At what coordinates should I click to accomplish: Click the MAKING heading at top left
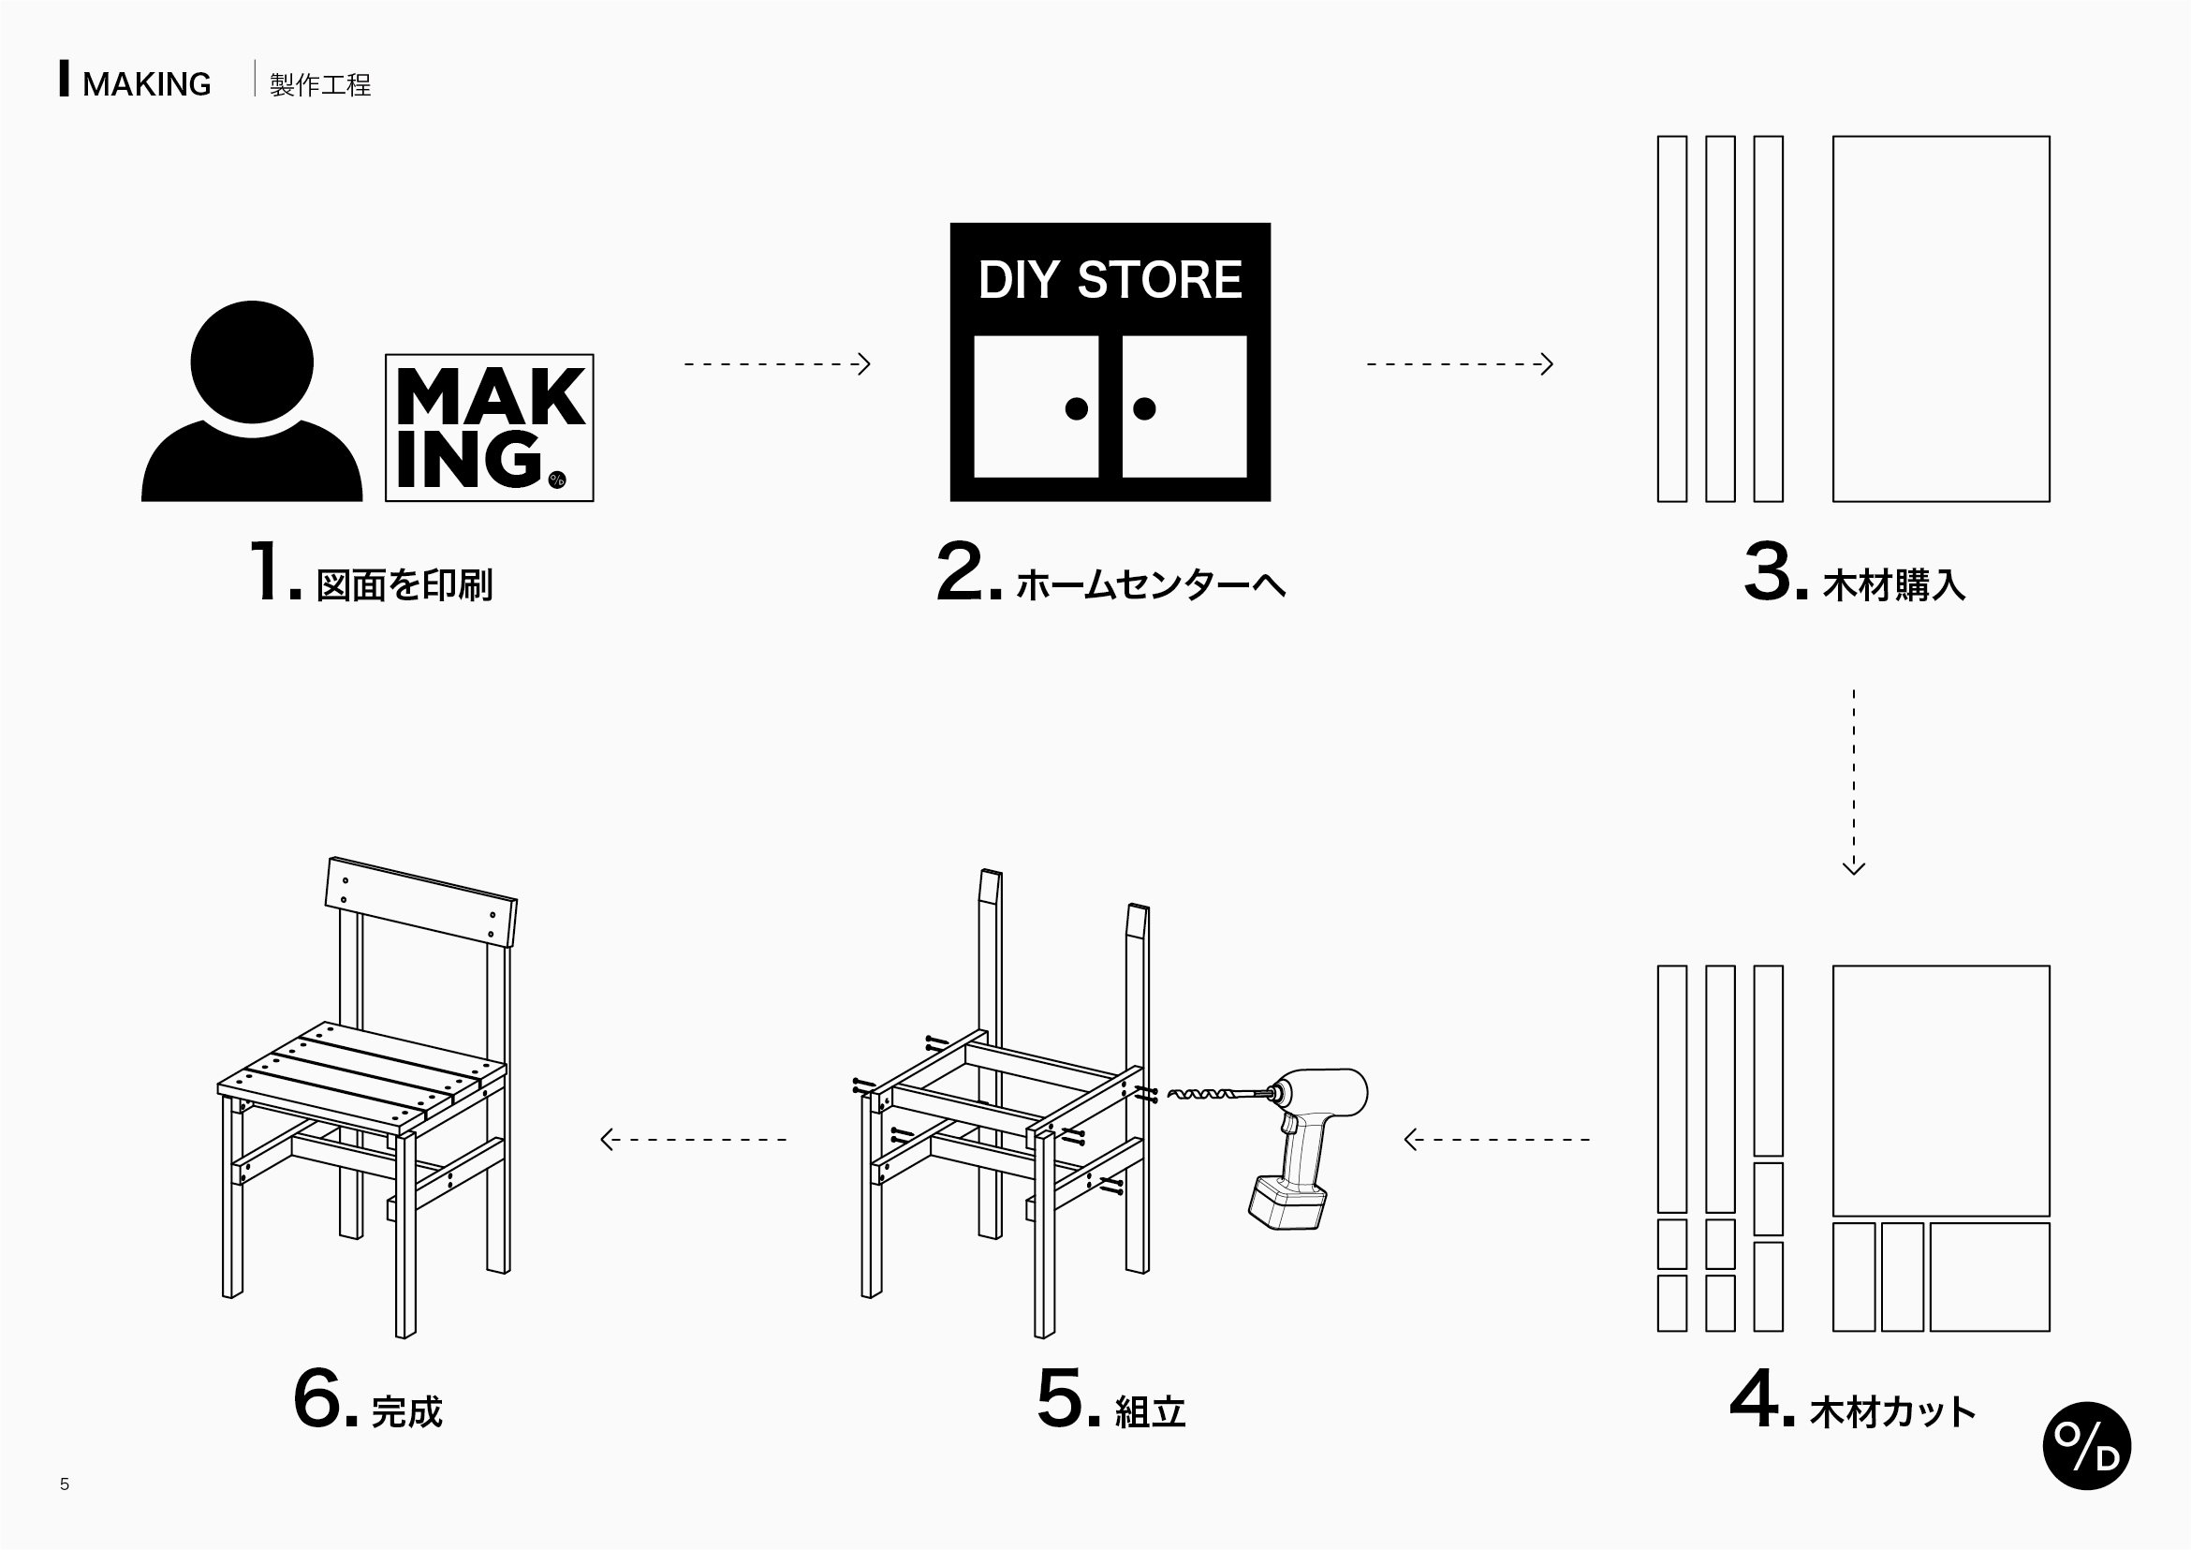pyautogui.click(x=146, y=85)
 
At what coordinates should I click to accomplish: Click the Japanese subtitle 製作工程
pyautogui.click(x=319, y=85)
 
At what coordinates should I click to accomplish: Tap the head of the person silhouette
pyautogui.click(x=252, y=361)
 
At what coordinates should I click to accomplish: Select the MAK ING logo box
pyautogui.click(x=489, y=428)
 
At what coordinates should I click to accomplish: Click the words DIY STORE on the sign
pyautogui.click(x=1109, y=280)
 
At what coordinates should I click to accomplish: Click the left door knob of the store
pyautogui.click(x=1076, y=408)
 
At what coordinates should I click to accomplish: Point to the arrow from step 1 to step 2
pyautogui.click(x=777, y=363)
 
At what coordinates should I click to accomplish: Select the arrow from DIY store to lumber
pyautogui.click(x=1459, y=363)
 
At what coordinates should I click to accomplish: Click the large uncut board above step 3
pyautogui.click(x=1941, y=317)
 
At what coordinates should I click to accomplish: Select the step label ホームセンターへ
pyautogui.click(x=1150, y=584)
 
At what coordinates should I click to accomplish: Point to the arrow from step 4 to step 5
pyautogui.click(x=1496, y=1139)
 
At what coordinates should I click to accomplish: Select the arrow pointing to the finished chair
pyautogui.click(x=693, y=1139)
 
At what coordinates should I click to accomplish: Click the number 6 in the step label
pyautogui.click(x=316, y=1398)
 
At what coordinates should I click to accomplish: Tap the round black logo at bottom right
pyautogui.click(x=2086, y=1446)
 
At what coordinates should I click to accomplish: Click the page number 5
pyautogui.click(x=64, y=1484)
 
